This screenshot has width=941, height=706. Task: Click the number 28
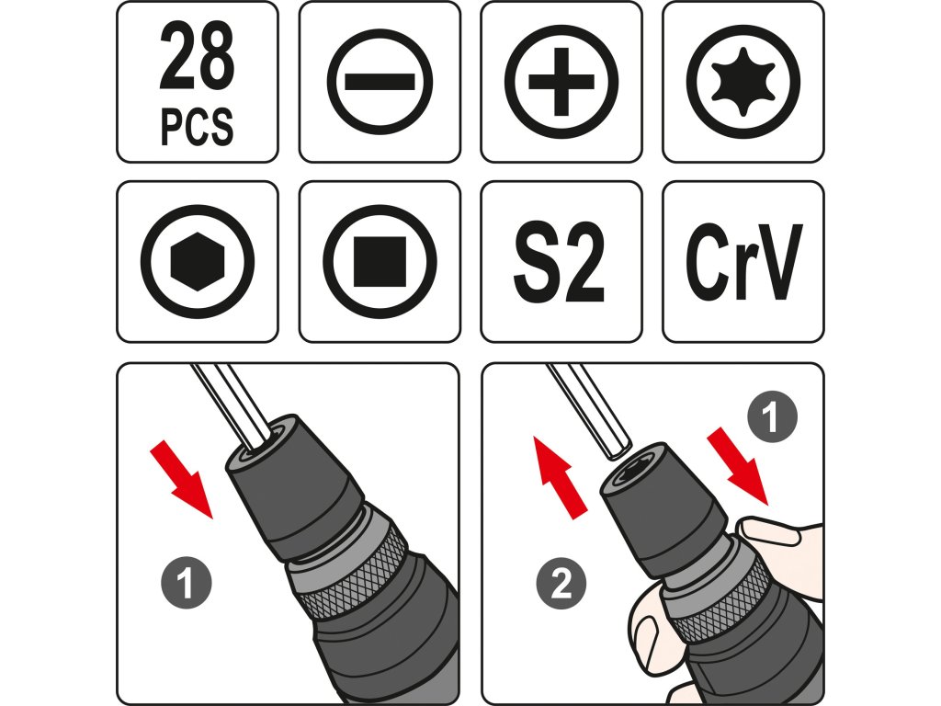tap(197, 57)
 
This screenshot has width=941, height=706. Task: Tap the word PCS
tap(197, 127)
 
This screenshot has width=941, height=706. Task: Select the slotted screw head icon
tap(380, 82)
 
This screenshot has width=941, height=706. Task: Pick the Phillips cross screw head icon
tap(561, 82)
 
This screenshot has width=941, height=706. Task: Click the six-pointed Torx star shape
tap(743, 82)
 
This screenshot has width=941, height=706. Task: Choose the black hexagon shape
tap(198, 262)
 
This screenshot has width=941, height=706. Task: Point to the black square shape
tap(380, 262)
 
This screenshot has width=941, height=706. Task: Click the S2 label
tap(559, 262)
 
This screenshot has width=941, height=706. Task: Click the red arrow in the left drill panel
tap(180, 478)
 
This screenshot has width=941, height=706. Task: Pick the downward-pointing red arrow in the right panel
tap(738, 466)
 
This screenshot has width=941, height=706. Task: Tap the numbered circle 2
tap(561, 582)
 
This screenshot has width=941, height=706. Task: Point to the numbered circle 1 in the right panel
tap(772, 416)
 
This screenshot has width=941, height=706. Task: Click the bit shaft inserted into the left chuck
tap(231, 406)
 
